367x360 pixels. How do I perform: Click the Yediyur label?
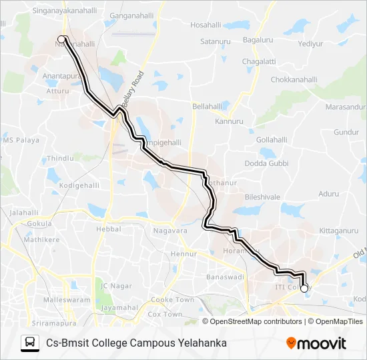pyautogui.click(x=311, y=43)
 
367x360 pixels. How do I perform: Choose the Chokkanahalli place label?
pyautogui.click(x=296, y=79)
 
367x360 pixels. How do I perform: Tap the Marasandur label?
pyautogui.click(x=345, y=107)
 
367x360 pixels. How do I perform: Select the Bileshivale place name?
pyautogui.click(x=262, y=197)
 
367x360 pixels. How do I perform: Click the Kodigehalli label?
pyautogui.click(x=78, y=185)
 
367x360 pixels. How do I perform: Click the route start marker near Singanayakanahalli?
pyautogui.click(x=61, y=39)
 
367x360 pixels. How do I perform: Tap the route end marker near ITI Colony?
pyautogui.click(x=304, y=289)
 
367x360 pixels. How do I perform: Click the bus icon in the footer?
pyautogui.click(x=30, y=343)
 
